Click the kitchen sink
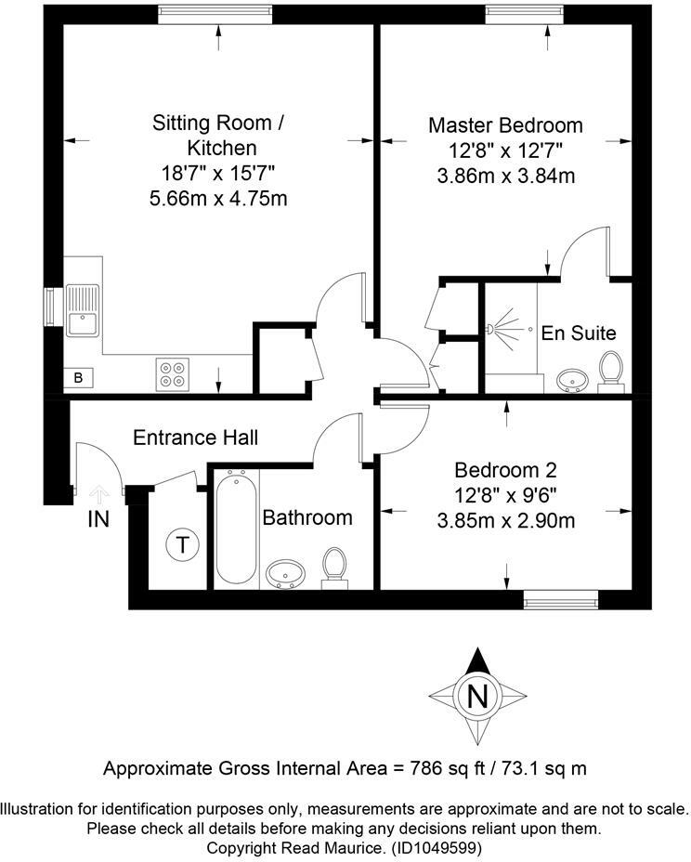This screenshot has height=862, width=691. click(83, 310)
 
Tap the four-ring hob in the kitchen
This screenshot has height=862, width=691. click(172, 374)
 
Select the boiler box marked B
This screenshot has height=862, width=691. click(78, 378)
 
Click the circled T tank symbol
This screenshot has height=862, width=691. click(182, 545)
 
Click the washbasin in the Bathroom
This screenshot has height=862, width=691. click(285, 574)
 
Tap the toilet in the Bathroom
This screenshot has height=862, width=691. click(334, 568)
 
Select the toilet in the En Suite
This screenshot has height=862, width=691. click(611, 372)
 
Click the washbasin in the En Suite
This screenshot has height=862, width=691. click(573, 381)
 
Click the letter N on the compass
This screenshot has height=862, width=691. click(477, 697)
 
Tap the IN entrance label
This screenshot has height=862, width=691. click(98, 519)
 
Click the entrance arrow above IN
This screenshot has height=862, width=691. click(99, 494)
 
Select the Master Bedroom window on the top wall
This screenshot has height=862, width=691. click(525, 15)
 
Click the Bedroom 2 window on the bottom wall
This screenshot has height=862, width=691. click(560, 600)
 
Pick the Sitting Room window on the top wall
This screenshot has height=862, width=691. click(215, 15)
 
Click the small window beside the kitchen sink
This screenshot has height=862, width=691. click(53, 307)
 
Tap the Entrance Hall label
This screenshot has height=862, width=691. click(196, 438)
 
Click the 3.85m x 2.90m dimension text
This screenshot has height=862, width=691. click(506, 520)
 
